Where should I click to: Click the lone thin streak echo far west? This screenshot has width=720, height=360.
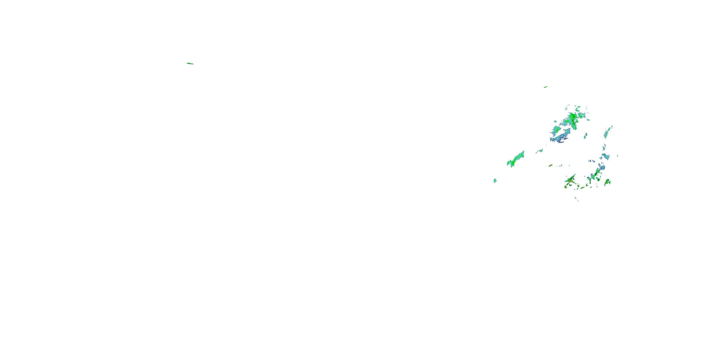click(190, 63)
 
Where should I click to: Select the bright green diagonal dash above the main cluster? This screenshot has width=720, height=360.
click(545, 87)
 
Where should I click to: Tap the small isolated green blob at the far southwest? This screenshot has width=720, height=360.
click(495, 180)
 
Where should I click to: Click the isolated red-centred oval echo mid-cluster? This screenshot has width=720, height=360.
click(550, 165)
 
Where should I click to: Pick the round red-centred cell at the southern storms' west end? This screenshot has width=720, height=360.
click(565, 187)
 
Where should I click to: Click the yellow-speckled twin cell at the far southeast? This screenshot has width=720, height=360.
click(607, 182)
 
